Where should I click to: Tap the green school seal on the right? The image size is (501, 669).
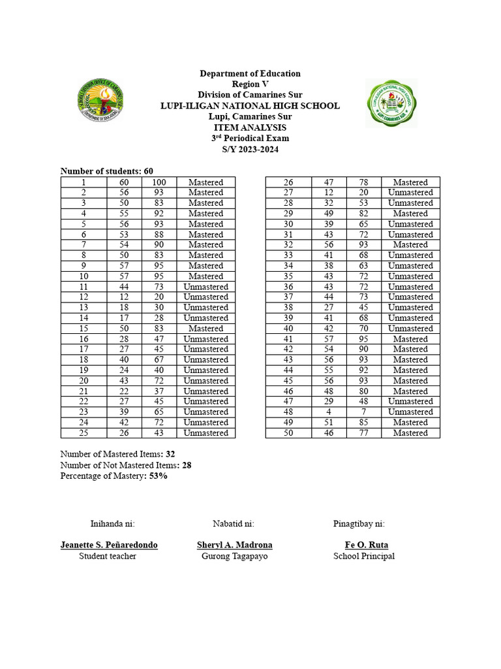coord(391,103)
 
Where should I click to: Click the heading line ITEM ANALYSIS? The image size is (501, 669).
coord(250,127)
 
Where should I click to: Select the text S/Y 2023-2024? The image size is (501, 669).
coord(250,149)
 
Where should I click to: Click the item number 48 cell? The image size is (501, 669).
coord(288,412)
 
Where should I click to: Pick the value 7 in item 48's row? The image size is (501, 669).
coord(364,412)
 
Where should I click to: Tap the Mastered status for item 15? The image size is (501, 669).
coord(205,328)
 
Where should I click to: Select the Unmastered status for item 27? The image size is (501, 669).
coord(410,193)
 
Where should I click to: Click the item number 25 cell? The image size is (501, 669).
coord(83,432)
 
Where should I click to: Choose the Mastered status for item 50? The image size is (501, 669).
coord(410,432)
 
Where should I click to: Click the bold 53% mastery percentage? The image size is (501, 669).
coord(159,476)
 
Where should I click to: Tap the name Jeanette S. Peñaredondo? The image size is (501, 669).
coord(109,545)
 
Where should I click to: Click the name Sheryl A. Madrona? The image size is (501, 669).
coord(235,545)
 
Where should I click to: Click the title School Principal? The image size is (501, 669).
coord(364,556)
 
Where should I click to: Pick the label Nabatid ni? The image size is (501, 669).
coord(234,523)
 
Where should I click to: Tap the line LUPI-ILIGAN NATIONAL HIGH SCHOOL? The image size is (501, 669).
coord(250,106)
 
